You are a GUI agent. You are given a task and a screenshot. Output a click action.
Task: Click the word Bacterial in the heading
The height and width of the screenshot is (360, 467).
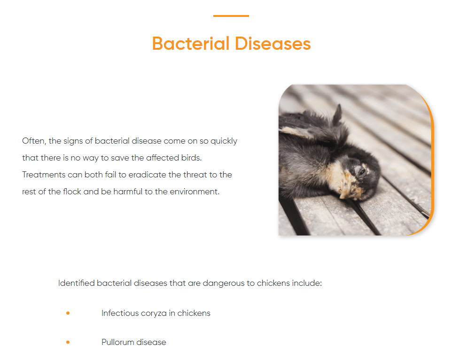tap(191, 44)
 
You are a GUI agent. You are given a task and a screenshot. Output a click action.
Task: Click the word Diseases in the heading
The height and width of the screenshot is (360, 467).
tap(273, 44)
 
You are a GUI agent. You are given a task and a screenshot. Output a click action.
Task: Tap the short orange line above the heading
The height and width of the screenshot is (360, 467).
tap(231, 16)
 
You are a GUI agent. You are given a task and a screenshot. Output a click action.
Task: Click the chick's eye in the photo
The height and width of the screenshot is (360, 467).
tap(362, 172)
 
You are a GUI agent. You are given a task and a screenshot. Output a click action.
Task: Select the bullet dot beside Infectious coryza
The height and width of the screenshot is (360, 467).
tap(68, 313)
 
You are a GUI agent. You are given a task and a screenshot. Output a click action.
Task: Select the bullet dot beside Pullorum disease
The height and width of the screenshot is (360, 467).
tap(68, 342)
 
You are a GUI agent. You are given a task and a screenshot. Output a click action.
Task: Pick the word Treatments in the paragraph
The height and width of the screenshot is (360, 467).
tap(44, 175)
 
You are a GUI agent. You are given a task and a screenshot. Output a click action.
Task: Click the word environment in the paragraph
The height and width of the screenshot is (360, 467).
tap(195, 191)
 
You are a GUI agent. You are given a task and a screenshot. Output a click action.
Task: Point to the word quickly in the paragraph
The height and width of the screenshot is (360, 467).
tap(224, 141)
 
